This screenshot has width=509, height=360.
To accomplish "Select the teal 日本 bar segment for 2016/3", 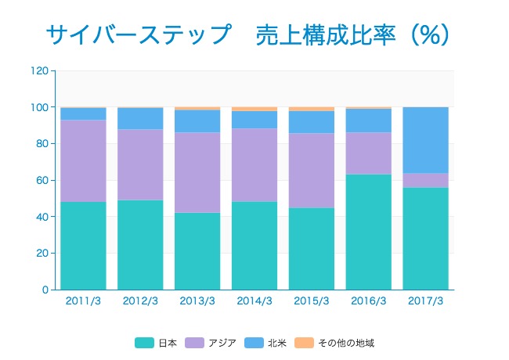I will point(369,232).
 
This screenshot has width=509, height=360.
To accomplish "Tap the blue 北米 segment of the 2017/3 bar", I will point(426,140).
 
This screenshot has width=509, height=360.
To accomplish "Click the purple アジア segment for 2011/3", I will point(83,160).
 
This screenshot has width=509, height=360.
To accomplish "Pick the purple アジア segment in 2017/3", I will point(426,180).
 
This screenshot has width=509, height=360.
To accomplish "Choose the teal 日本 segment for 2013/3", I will point(197,250).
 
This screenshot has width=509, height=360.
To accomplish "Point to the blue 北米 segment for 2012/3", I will point(140,118).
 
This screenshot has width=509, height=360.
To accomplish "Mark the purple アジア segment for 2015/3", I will point(312,170).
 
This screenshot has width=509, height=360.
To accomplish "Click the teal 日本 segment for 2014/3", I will point(254,246).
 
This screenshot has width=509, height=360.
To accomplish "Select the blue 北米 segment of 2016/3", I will point(369,121).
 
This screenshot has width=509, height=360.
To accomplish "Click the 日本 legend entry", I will point(157,343).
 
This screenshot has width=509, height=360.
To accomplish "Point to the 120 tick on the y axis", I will point(41,70).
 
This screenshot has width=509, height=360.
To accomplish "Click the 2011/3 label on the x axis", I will point(83,301).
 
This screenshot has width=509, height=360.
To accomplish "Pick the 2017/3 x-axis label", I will point(426,301).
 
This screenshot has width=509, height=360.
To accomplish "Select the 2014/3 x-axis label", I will point(254,301).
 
